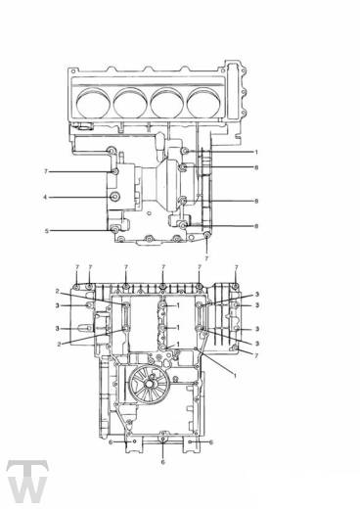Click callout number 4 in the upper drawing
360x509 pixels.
[45, 197]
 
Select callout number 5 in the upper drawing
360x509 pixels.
[47, 231]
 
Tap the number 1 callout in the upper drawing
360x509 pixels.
[256, 152]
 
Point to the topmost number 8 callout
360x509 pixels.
[256, 167]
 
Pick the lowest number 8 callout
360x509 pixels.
[256, 226]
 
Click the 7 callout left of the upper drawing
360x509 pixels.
[46, 171]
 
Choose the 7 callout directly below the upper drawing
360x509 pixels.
[206, 258]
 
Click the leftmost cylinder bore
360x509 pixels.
[92, 103]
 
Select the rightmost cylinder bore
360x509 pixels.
[203, 103]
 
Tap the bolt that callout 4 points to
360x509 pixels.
[114, 197]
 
